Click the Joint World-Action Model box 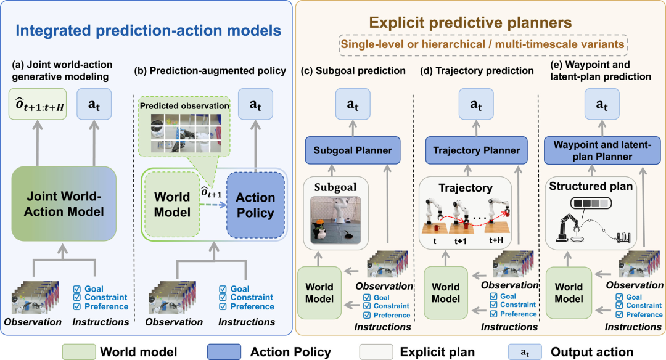pyautogui.click(x=64, y=204)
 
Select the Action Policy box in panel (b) pyautogui.click(x=255, y=205)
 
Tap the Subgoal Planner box pyautogui.click(x=353, y=150)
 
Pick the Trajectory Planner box pyautogui.click(x=476, y=150)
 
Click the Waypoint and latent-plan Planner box pyautogui.click(x=602, y=150)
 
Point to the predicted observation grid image pyautogui.click(x=186, y=133)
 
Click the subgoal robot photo pyautogui.click(x=335, y=220)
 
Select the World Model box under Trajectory pyautogui.click(x=446, y=292)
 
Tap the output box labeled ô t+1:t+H pyautogui.click(x=38, y=104)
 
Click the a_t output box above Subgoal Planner pyautogui.click(x=353, y=104)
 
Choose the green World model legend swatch pyautogui.click(x=79, y=352)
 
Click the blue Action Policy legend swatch pyautogui.click(x=224, y=352)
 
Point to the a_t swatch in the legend pyautogui.click(x=525, y=352)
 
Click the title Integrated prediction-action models pyautogui.click(x=148, y=31)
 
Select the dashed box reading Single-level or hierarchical pyautogui.click(x=483, y=44)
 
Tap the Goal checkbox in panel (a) pyautogui.click(x=77, y=289)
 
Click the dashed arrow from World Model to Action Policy pyautogui.click(x=213, y=205)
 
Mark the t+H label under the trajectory pyautogui.click(x=496, y=240)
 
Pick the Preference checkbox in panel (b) pyautogui.click(x=223, y=306)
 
